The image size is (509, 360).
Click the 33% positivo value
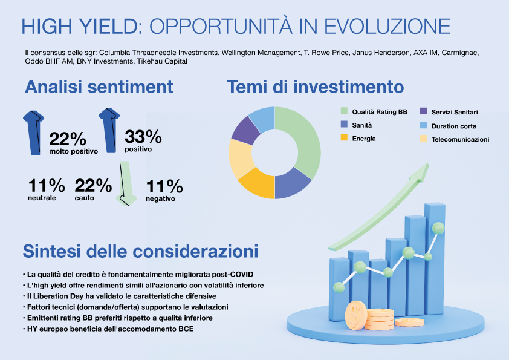pos(143,136)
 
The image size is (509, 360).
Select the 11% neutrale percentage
pos(47,185)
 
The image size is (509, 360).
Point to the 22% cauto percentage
pos(92,185)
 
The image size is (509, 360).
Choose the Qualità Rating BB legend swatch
pos(344,111)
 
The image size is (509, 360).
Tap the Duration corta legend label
pos(453,126)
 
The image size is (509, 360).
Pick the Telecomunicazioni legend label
pos(460,139)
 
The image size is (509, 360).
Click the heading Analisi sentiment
pos(99,87)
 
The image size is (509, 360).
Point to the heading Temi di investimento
pos(316,87)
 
